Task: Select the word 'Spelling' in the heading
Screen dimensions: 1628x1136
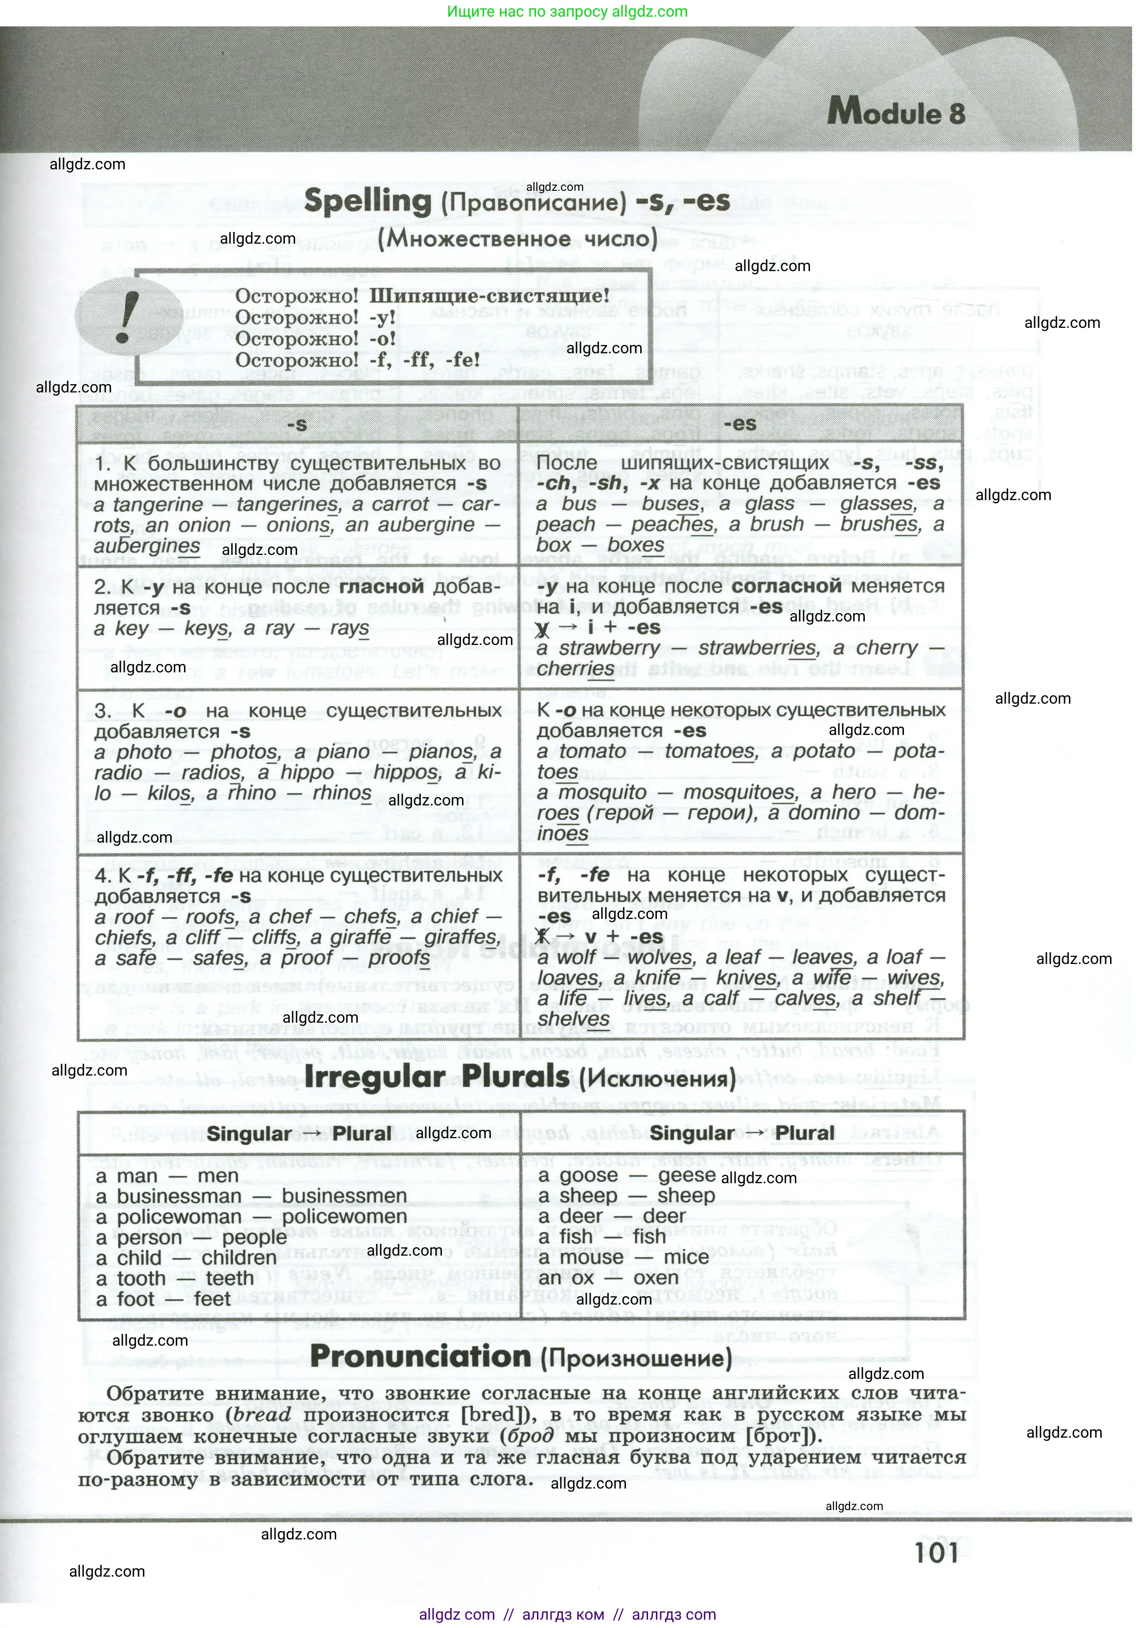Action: coord(367,202)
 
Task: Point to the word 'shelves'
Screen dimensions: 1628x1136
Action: coord(574,1019)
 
